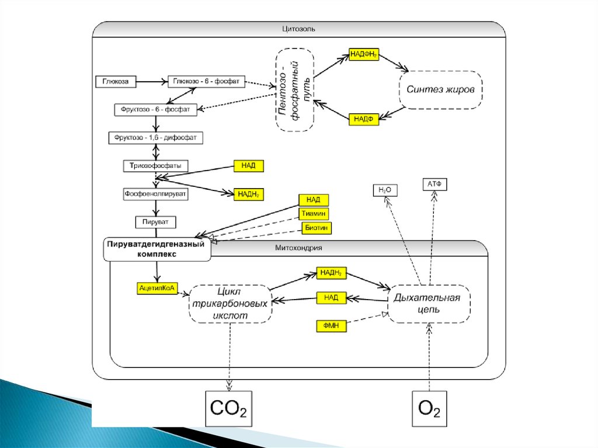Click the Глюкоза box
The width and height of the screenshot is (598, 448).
(116, 81)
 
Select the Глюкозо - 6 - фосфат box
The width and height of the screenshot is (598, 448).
(207, 81)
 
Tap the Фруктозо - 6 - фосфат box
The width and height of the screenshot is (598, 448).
(155, 109)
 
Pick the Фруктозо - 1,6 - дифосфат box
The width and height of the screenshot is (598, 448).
(156, 138)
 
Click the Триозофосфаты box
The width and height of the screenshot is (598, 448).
(156, 166)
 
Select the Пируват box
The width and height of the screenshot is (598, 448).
(156, 222)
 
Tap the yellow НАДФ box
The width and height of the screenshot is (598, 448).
(364, 119)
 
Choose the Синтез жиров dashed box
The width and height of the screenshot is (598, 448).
(441, 90)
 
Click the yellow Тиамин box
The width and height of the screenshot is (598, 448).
(314, 214)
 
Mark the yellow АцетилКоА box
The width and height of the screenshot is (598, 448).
(156, 287)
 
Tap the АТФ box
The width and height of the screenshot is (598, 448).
(434, 185)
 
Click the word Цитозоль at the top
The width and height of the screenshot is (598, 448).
(298, 28)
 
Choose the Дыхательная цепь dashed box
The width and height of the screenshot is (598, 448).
(429, 304)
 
